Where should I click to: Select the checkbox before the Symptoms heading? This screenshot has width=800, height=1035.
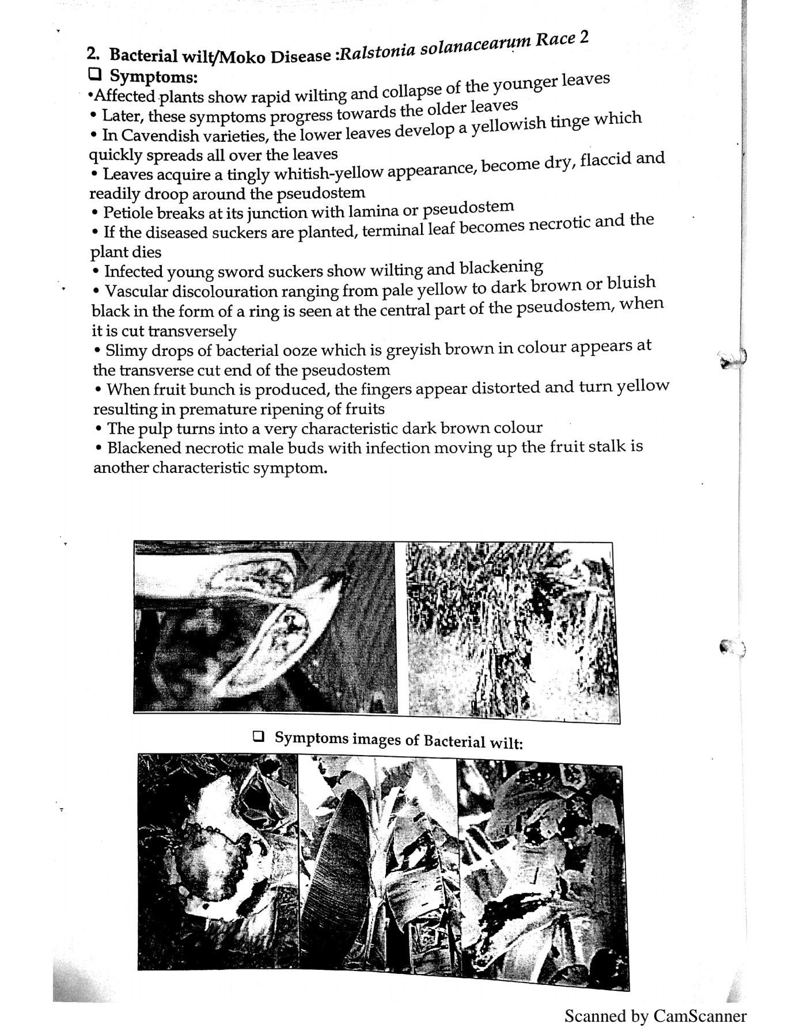pyautogui.click(x=95, y=74)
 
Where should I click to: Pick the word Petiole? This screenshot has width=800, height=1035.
pyautogui.click(x=128, y=213)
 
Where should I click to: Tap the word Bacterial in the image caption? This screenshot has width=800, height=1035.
pyautogui.click(x=452, y=740)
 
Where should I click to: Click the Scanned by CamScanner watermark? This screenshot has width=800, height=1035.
pyautogui.click(x=655, y=1015)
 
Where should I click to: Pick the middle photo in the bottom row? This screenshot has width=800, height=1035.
pyautogui.click(x=378, y=864)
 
